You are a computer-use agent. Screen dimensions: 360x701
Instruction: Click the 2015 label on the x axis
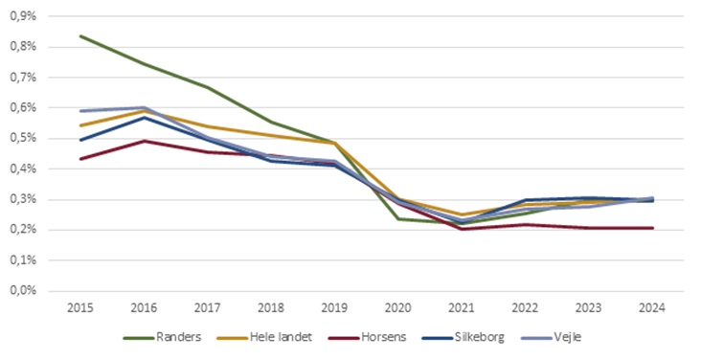pyautogui.click(x=80, y=308)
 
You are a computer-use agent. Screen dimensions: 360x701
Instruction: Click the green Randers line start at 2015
pyautogui.click(x=80, y=36)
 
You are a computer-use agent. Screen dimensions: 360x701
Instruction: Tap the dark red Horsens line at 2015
pyautogui.click(x=80, y=159)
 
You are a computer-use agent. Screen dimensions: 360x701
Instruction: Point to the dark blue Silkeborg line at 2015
pyautogui.click(x=80, y=140)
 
